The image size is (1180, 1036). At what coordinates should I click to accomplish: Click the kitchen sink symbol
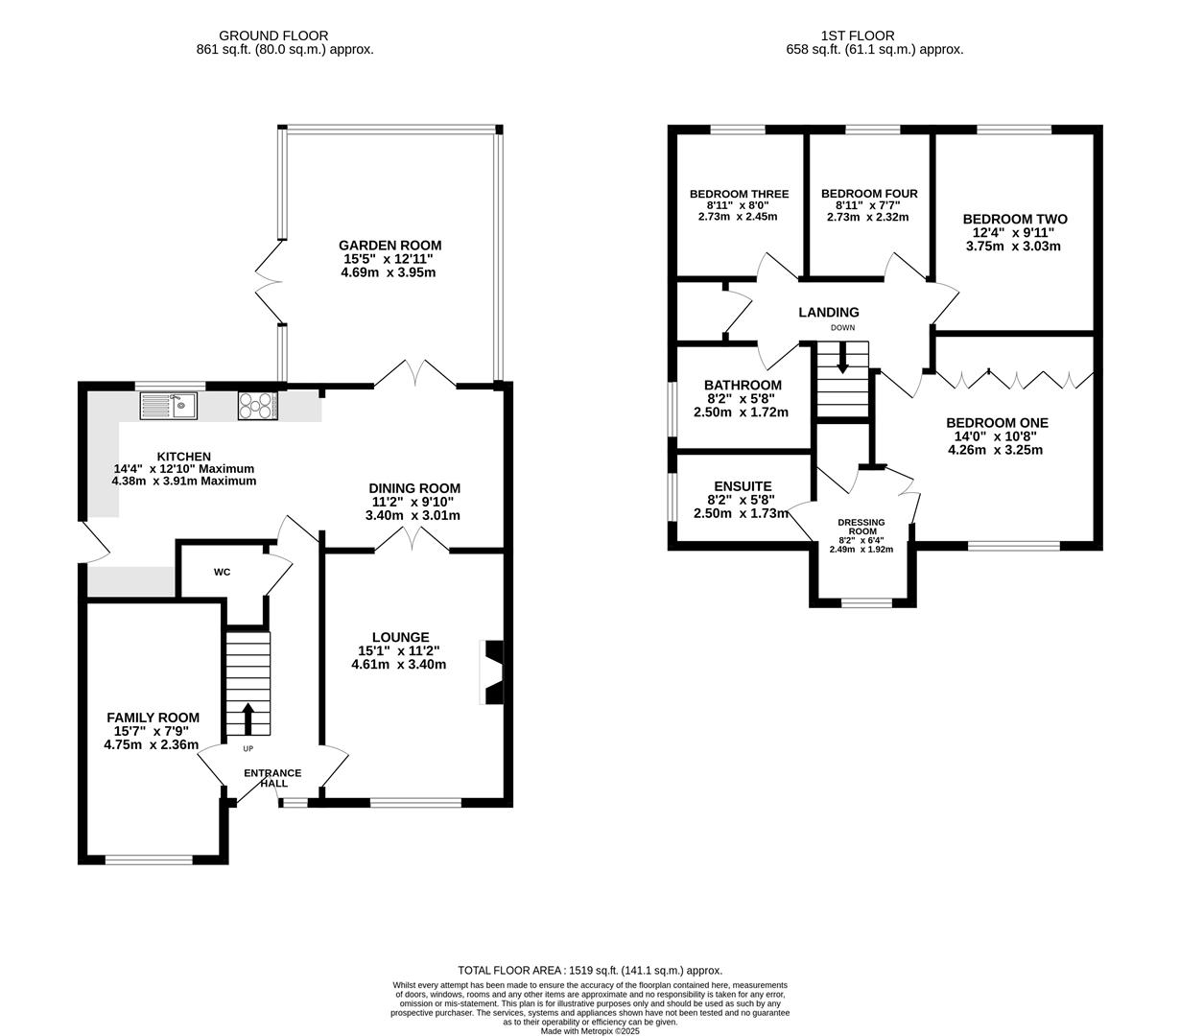tap(168, 406)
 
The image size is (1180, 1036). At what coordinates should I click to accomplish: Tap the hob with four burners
tap(257, 406)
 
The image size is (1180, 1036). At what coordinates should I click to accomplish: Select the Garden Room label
tap(389, 246)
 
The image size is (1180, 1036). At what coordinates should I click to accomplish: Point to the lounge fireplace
tap(491, 672)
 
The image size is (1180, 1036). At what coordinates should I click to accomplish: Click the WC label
tap(222, 573)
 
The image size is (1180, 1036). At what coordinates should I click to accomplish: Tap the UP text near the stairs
tap(248, 748)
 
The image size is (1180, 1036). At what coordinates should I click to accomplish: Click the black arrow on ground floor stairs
tap(248, 718)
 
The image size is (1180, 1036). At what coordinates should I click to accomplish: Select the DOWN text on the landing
tap(842, 327)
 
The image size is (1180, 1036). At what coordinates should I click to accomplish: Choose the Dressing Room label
tap(861, 527)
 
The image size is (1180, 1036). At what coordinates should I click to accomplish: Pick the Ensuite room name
tap(743, 486)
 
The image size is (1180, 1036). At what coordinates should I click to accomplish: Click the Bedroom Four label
tap(869, 194)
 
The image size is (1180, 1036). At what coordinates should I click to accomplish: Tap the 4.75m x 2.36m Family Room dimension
tap(152, 744)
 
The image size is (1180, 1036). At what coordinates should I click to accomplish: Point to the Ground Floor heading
tap(273, 36)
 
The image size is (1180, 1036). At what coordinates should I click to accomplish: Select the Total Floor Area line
tap(590, 971)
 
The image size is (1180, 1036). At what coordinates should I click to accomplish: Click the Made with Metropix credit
tap(590, 1031)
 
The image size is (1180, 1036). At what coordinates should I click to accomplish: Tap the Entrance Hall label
tap(272, 778)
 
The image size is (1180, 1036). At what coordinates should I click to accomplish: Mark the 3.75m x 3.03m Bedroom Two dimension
tap(1013, 247)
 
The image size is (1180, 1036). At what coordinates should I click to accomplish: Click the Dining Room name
tap(414, 488)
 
